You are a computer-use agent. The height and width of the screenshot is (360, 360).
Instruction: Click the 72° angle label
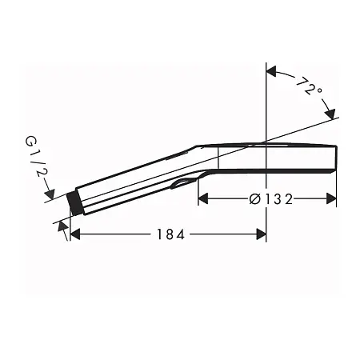point(308,86)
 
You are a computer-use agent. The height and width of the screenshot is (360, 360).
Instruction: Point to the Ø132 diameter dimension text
point(269,198)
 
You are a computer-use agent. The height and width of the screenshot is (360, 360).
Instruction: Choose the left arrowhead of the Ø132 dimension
point(202,198)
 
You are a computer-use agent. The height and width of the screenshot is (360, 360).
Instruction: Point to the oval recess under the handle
point(183,185)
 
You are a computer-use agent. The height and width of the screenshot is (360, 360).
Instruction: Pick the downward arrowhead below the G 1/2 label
point(50,194)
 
